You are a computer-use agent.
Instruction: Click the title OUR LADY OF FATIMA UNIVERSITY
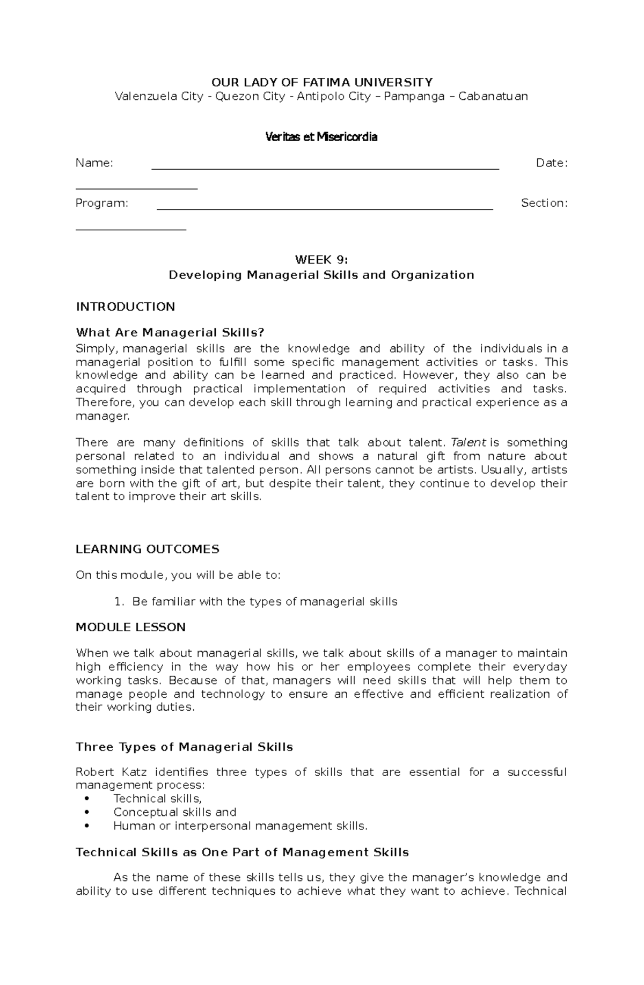(x=321, y=82)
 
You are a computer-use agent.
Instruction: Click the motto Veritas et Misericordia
(x=321, y=137)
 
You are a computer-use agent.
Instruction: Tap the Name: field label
(x=94, y=163)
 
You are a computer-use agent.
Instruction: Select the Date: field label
(x=552, y=163)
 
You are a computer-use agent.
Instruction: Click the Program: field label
(x=102, y=203)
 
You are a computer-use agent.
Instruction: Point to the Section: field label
(x=544, y=203)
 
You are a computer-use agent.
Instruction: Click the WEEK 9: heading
(x=321, y=260)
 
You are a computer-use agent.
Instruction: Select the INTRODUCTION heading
(x=125, y=307)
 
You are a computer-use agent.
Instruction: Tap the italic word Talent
(x=468, y=443)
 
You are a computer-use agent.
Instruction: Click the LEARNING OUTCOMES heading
(x=148, y=549)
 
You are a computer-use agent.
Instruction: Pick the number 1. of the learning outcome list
(x=119, y=602)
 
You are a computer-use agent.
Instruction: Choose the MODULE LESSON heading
(x=130, y=628)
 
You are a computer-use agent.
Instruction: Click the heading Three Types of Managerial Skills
(x=184, y=747)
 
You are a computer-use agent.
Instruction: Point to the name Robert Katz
(x=111, y=772)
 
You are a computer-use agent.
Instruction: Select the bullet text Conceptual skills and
(x=174, y=812)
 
